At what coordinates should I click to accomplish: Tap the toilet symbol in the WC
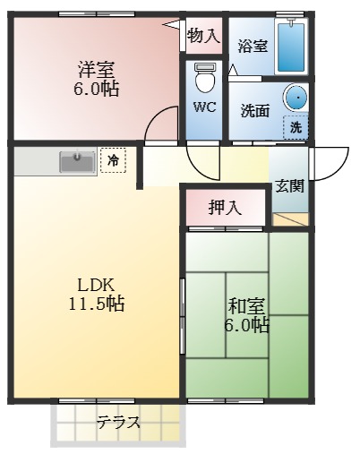(x=205, y=79)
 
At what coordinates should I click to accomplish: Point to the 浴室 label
(x=253, y=46)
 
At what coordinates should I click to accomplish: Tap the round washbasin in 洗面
(x=295, y=97)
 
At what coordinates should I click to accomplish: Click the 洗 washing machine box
(x=296, y=127)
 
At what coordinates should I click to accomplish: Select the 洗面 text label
(x=255, y=111)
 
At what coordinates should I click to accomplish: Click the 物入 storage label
(x=203, y=36)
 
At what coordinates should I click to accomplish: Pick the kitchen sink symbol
(x=78, y=162)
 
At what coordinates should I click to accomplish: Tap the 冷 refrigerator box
(x=113, y=160)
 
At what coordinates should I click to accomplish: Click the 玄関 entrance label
(x=289, y=186)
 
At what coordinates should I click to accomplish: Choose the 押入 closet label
(x=225, y=209)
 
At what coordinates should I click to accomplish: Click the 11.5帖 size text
(x=97, y=304)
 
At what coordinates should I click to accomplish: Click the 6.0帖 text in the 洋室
(x=97, y=90)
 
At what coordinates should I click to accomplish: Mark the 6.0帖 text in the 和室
(x=245, y=326)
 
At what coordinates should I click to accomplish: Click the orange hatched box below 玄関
(x=292, y=218)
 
